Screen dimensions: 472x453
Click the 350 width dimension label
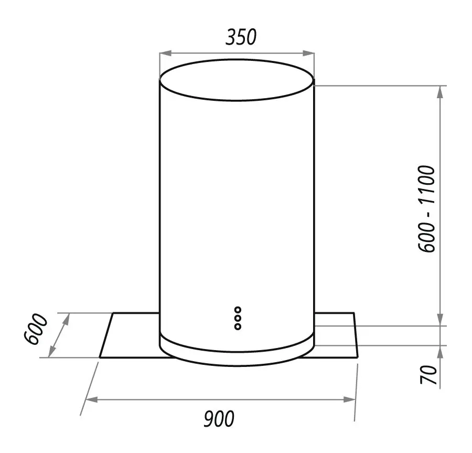coord(241,37)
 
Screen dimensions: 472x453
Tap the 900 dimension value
coord(219,419)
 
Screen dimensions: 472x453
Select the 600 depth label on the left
coord(36,329)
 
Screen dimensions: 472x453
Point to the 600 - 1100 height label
coord(427,208)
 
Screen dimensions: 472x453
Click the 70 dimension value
coord(428,374)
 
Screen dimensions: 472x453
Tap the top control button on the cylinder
coord(238,310)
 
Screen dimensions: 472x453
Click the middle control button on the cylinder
coord(238,318)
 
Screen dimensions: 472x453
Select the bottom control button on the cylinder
coord(238,326)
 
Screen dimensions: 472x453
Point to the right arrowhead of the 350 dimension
coord(308,54)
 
